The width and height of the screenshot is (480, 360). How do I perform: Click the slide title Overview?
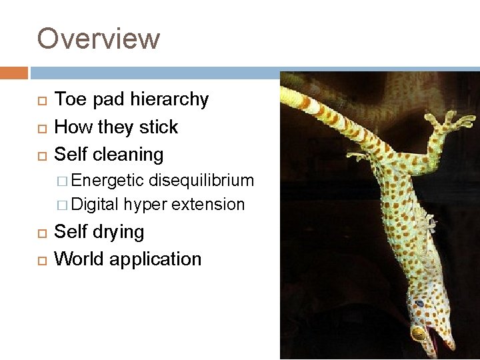click(99, 38)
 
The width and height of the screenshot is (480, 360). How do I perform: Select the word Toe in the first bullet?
click(68, 99)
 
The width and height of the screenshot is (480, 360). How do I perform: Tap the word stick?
click(160, 127)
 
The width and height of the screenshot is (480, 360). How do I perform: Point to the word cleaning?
click(131, 155)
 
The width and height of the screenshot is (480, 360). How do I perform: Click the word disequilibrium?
click(201, 180)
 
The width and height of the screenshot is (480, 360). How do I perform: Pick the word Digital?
click(96, 204)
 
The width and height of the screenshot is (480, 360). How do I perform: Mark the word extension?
click(208, 204)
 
